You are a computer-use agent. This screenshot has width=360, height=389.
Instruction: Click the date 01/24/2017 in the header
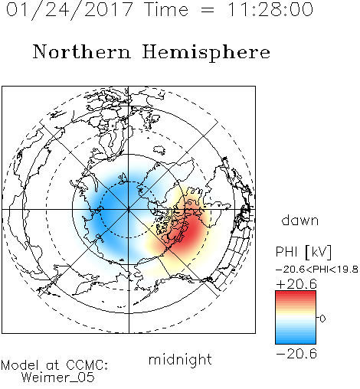(x=70, y=10)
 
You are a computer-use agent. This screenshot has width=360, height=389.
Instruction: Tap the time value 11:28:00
(x=270, y=9)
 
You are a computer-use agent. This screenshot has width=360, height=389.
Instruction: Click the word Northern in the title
(x=82, y=51)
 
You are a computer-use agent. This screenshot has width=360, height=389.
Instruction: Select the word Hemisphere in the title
(x=206, y=53)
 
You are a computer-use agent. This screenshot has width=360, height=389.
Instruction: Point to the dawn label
(x=300, y=220)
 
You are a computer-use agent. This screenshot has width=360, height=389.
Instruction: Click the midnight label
(x=180, y=360)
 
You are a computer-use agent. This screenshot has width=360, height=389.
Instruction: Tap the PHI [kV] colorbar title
(x=303, y=252)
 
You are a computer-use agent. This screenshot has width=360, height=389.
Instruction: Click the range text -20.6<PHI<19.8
(x=317, y=270)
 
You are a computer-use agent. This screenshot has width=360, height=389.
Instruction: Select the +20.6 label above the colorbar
(x=296, y=284)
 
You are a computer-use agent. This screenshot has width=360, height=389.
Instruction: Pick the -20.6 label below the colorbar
(x=296, y=354)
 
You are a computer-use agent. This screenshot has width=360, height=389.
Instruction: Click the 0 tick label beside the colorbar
(x=322, y=319)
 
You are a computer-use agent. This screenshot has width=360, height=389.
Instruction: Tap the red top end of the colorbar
(x=296, y=293)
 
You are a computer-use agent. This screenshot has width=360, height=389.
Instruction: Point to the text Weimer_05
(x=57, y=378)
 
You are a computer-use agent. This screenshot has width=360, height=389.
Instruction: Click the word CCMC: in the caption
(x=87, y=365)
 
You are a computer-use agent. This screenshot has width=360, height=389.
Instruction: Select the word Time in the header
(x=166, y=9)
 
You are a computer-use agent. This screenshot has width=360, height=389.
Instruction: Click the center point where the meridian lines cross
(x=129, y=210)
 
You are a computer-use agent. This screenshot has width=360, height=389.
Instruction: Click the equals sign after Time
(x=208, y=11)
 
